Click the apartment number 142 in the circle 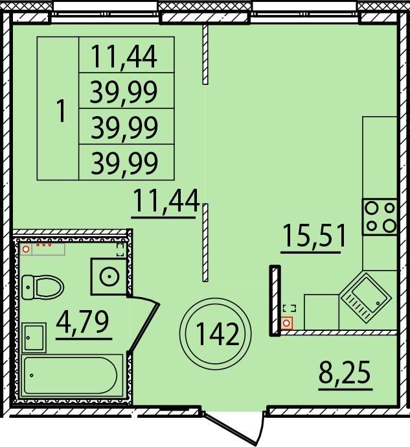217,334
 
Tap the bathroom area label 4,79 82,322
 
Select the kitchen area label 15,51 314,236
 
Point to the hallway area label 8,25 345,372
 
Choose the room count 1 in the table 61,110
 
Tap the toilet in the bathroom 43,287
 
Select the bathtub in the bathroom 73,375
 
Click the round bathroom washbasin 109,276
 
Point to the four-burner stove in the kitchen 380,217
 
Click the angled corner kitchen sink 366,298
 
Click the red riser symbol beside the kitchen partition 287,323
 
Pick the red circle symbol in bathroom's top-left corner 26,249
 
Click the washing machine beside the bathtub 34,337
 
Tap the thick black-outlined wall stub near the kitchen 275,300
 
